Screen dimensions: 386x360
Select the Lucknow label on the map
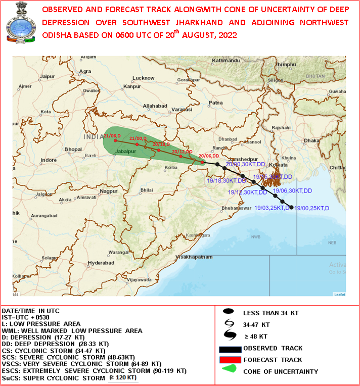point(143,78)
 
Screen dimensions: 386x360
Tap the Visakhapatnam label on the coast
point(192,257)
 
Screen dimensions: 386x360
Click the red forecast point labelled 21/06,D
point(115,140)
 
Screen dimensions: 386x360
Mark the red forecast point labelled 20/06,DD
point(202,162)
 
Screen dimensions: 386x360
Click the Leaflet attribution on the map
point(339,295)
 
